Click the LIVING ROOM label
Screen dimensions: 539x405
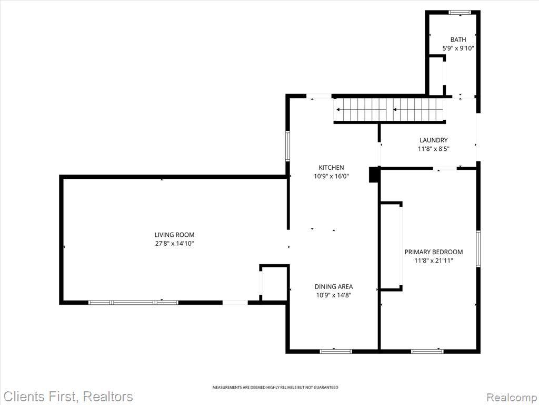pyautogui.click(x=174, y=235)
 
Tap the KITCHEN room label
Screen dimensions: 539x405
pyautogui.click(x=331, y=168)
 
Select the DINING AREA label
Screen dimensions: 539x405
pyautogui.click(x=333, y=286)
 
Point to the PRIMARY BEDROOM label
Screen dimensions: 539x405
pyautogui.click(x=434, y=252)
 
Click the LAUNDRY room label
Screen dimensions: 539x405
pyautogui.click(x=434, y=140)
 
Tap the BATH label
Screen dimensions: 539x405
pyautogui.click(x=458, y=40)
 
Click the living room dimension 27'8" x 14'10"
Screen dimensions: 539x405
pyautogui.click(x=174, y=244)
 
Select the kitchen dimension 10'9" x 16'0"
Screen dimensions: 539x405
pyautogui.click(x=331, y=176)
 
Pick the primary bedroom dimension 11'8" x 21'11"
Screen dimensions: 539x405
pyautogui.click(x=434, y=261)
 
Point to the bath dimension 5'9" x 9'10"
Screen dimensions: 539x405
pyautogui.click(x=458, y=48)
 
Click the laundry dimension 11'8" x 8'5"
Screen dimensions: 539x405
pyautogui.click(x=434, y=149)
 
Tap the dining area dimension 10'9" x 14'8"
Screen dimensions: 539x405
pyautogui.click(x=333, y=295)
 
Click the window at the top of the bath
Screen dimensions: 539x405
pyautogui.click(x=460, y=13)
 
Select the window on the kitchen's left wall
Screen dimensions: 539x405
pyautogui.click(x=288, y=146)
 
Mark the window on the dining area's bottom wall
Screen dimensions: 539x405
pyautogui.click(x=336, y=351)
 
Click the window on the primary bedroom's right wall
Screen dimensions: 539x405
pyautogui.click(x=478, y=249)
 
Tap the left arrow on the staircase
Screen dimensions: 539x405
pyautogui.click(x=361, y=110)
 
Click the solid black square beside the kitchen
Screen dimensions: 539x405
pyautogui.click(x=374, y=175)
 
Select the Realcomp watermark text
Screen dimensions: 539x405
pyautogui.click(x=512, y=397)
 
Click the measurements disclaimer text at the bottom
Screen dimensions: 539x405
pyautogui.click(x=275, y=388)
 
